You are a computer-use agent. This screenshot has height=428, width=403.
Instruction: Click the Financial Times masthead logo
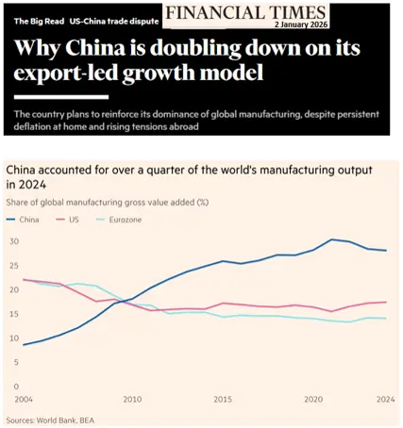click(245, 13)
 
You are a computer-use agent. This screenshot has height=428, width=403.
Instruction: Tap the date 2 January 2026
click(301, 25)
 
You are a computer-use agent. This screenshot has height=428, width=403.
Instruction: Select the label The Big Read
click(39, 22)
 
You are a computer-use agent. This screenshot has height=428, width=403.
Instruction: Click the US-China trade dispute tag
click(114, 22)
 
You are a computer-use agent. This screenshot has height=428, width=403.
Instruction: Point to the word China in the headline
click(95, 48)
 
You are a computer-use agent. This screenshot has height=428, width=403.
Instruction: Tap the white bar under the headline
click(61, 97)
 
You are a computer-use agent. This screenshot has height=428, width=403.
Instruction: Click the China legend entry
click(23, 220)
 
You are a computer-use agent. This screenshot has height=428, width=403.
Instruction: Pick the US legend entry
click(67, 220)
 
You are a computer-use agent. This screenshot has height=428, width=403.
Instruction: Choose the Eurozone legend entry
click(119, 220)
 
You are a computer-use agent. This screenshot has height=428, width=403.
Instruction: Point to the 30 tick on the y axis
click(14, 241)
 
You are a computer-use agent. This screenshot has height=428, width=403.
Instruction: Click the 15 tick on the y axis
click(14, 314)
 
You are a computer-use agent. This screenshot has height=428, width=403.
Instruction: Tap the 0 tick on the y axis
click(16, 387)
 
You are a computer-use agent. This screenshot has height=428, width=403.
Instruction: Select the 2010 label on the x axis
click(132, 400)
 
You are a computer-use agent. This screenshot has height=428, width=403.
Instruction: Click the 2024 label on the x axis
click(386, 400)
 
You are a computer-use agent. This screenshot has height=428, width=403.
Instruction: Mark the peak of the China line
click(331, 239)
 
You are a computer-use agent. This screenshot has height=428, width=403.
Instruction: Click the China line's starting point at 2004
click(24, 345)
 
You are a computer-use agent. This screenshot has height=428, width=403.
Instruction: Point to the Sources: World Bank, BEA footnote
click(50, 420)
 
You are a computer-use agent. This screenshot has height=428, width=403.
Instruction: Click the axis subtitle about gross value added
click(108, 202)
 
